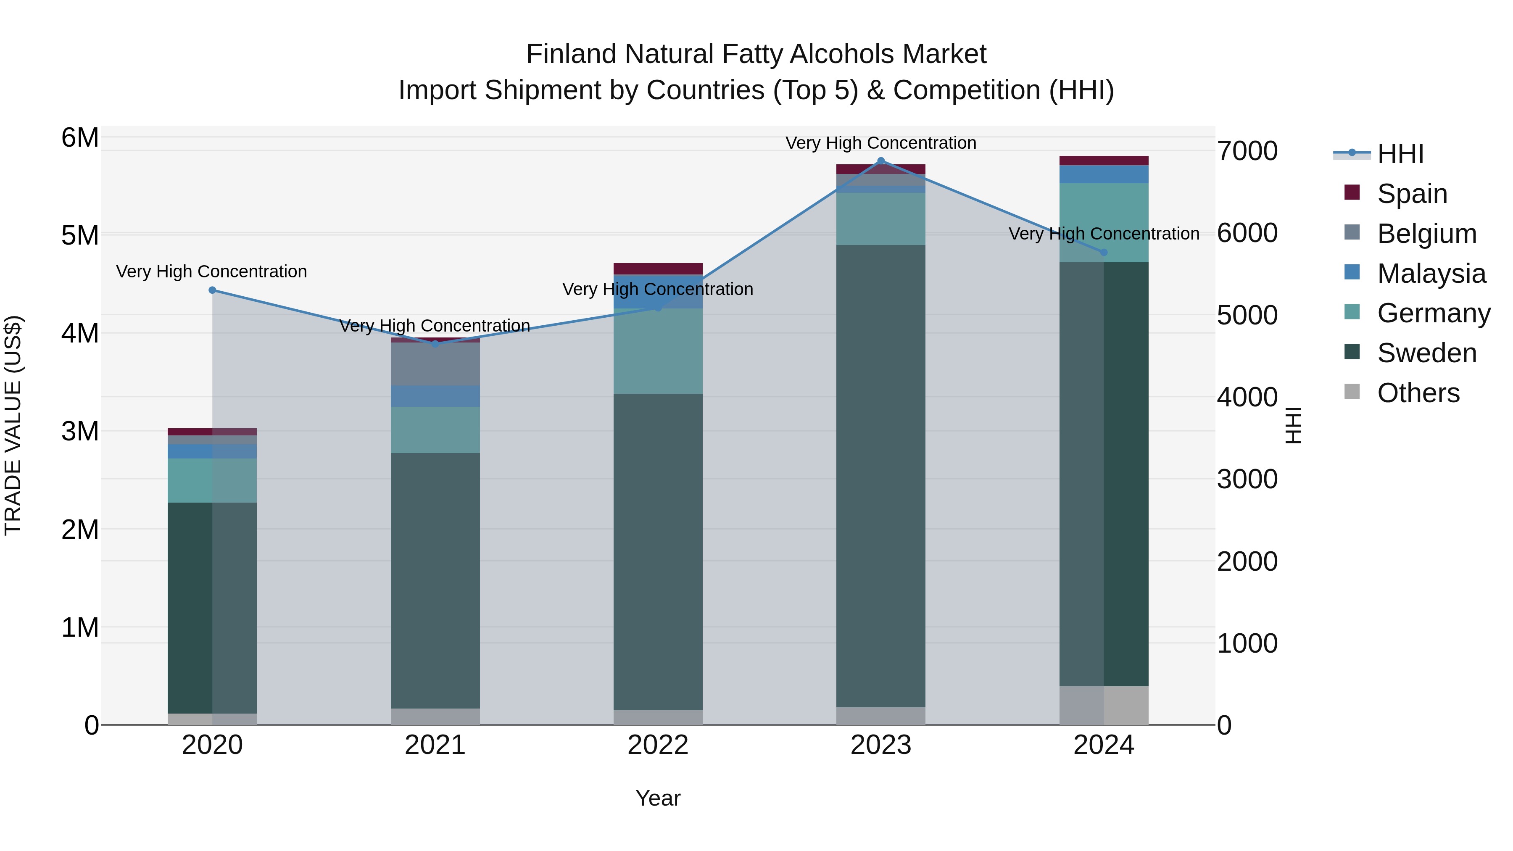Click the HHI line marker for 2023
pyautogui.click(x=880, y=161)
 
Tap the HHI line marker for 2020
pyautogui.click(x=213, y=290)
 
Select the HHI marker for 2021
pyautogui.click(x=435, y=344)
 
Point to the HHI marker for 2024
pyautogui.click(x=1104, y=253)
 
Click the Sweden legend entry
pyautogui.click(x=1426, y=353)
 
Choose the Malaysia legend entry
pyautogui.click(x=1431, y=274)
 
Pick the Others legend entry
pyautogui.click(x=1418, y=393)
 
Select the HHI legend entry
pyautogui.click(x=1400, y=154)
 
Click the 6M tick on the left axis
pyautogui.click(x=80, y=138)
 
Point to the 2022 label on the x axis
pyautogui.click(x=658, y=745)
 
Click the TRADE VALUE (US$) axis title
pyautogui.click(x=13, y=425)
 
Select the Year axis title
pyautogui.click(x=658, y=798)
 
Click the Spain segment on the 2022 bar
pyautogui.click(x=658, y=269)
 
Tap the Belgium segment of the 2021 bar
pyautogui.click(x=435, y=364)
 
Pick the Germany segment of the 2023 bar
pyautogui.click(x=880, y=219)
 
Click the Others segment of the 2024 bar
pyautogui.click(x=1104, y=705)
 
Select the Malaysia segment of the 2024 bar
pyautogui.click(x=1104, y=174)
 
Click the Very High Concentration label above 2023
pyautogui.click(x=880, y=143)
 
